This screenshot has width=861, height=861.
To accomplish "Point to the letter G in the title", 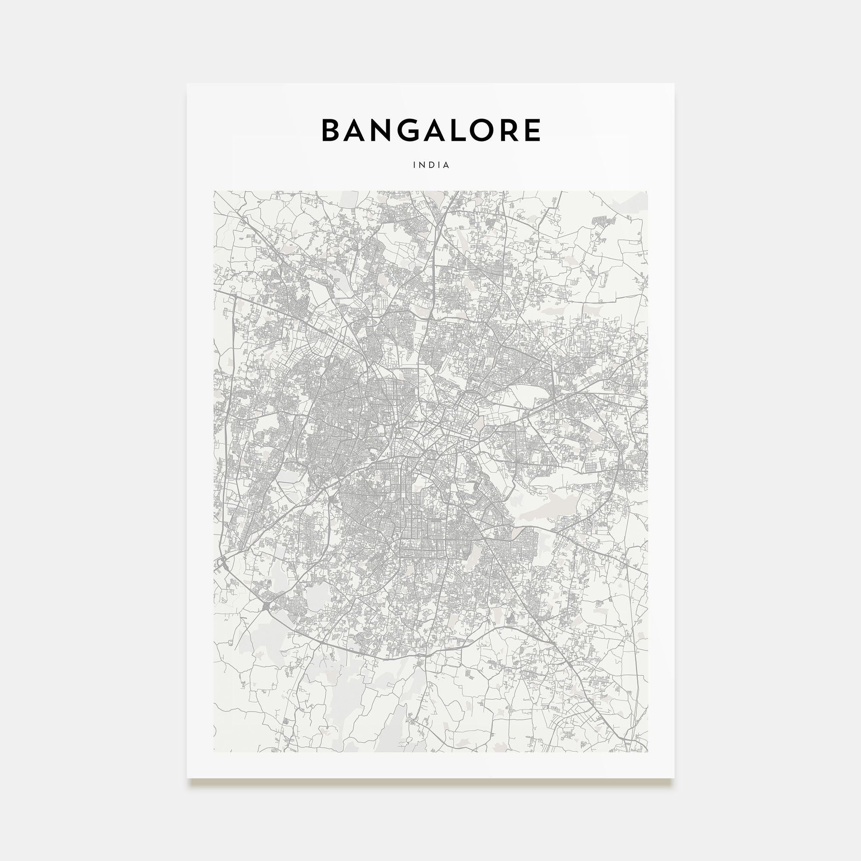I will [410, 130].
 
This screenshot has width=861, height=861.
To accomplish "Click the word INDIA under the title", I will [431, 165].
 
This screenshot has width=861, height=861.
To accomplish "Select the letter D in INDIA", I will [431, 165].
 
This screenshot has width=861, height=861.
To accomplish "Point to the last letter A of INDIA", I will [446, 165].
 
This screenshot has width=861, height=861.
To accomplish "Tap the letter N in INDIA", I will [422, 165].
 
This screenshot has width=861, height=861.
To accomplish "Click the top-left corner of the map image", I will [214, 192].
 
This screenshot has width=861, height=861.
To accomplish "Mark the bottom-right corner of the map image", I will [647, 752].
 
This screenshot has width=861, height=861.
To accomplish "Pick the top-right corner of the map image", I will [647, 192].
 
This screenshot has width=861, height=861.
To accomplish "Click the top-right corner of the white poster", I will [674, 84].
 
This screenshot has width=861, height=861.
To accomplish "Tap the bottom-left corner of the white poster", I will [187, 777].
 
